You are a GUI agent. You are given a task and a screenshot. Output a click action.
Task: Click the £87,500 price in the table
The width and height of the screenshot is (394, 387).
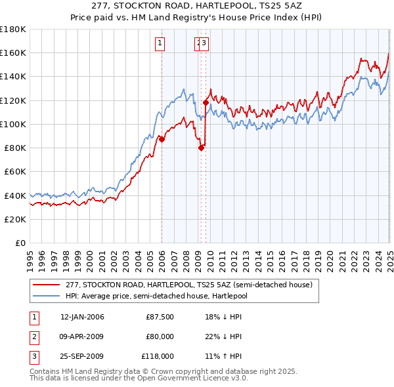160,317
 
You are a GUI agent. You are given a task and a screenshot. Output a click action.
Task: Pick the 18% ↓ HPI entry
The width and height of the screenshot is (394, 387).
223,317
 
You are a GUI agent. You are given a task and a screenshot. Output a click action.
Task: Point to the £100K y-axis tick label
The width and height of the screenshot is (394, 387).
12,124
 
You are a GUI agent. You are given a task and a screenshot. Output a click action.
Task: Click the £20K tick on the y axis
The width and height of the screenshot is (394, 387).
15,219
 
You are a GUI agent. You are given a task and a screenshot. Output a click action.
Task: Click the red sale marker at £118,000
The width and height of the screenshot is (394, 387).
206,103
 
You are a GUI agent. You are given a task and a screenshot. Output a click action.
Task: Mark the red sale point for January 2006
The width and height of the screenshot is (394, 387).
162,139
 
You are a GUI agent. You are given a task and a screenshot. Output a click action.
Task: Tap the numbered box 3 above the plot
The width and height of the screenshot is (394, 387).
204,44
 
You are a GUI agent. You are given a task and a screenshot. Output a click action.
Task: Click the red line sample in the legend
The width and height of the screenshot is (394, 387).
47,284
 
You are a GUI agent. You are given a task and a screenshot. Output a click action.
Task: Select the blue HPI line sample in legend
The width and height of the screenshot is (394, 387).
47,295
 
